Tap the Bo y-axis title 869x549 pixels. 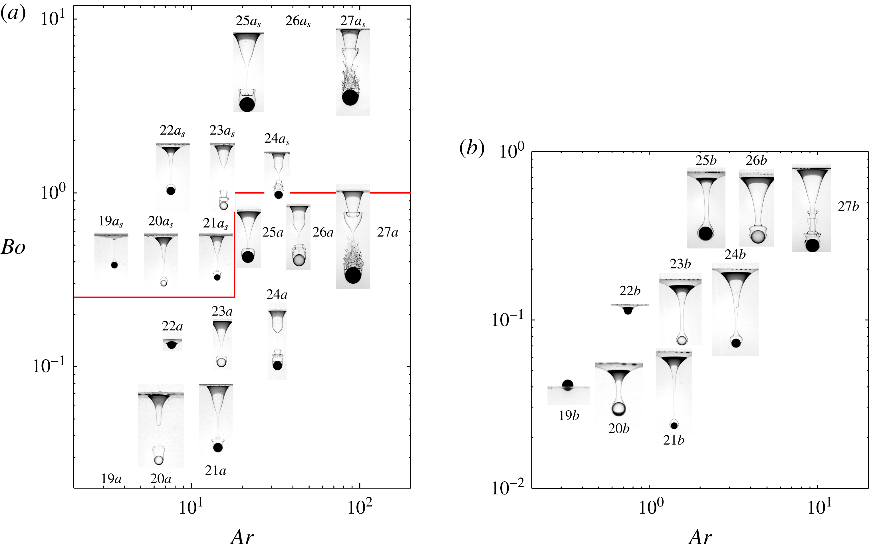tap(13, 248)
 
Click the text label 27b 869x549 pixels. tap(848, 207)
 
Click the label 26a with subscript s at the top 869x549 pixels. tap(298, 21)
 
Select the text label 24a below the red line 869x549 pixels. tap(277, 295)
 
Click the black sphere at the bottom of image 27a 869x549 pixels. tap(352, 275)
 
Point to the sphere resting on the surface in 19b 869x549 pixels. tap(568, 385)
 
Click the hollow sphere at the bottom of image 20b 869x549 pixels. tap(618, 408)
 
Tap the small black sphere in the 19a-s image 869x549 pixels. tap(114, 265)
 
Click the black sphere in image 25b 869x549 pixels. tap(705, 233)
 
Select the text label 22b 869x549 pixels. tap(630, 291)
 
